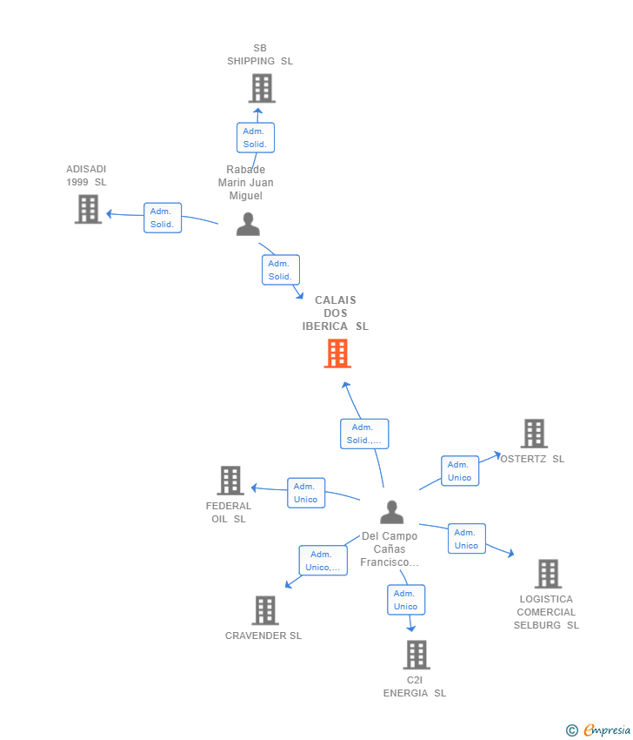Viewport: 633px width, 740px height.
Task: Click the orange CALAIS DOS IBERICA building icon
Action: coord(337,353)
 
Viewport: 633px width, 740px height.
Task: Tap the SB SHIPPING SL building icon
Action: coord(261,88)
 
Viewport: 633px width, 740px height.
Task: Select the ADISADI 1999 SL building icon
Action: coord(88,209)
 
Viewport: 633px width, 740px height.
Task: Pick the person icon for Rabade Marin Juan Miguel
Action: coord(248,225)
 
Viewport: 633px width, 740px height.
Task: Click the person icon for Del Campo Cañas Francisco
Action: coord(392,512)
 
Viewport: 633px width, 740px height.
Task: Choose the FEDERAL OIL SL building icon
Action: coord(230,481)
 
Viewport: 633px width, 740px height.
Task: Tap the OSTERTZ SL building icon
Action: coord(534,434)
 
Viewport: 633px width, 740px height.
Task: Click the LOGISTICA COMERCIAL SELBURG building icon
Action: coord(547,574)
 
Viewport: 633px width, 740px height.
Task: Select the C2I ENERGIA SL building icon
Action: coord(416,655)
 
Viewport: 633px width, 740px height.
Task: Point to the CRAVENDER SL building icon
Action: coord(264,610)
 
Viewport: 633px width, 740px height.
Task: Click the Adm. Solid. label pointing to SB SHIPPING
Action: coord(255,138)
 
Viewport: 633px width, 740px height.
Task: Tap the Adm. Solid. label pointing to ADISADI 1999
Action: coord(163,218)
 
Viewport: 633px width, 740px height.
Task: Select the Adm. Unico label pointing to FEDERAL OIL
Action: coord(305,493)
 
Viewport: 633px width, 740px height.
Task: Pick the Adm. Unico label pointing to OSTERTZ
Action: coord(459,471)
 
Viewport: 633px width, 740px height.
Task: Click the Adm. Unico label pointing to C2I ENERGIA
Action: coord(405,600)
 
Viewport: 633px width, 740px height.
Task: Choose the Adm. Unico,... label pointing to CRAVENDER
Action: coord(323,561)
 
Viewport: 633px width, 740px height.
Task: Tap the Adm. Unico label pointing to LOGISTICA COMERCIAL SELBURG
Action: coord(466,539)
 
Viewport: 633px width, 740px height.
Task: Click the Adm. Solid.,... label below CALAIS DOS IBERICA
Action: coord(363,434)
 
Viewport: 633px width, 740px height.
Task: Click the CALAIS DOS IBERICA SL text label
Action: coord(336,313)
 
